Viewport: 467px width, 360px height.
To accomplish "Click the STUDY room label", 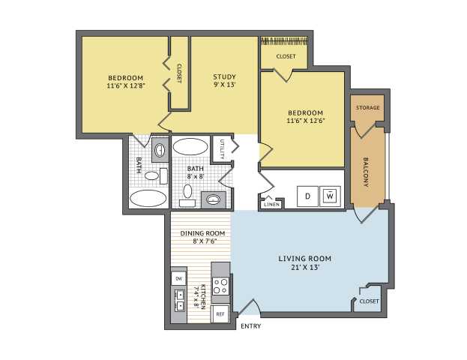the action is pos(225,77).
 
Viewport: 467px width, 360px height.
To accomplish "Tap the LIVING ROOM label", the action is pos(305,259).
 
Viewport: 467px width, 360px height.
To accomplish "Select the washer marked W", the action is pos(330,196).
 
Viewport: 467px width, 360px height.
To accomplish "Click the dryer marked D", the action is pos(307,196).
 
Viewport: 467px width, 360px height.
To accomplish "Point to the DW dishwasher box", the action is pos(178,279).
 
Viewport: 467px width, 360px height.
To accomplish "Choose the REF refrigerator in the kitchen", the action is pos(220,314).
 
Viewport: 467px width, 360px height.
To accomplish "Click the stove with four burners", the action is pos(220,286).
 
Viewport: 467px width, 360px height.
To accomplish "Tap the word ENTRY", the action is pos(251,326).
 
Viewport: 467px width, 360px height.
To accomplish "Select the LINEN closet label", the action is pos(272,205).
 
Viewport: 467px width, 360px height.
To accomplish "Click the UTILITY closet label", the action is pos(222,148).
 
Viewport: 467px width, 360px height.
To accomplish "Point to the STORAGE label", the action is pos(368,107).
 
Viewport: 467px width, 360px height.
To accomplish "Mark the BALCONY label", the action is pos(366,172).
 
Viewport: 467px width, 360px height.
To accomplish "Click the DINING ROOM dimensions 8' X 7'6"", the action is pos(205,241).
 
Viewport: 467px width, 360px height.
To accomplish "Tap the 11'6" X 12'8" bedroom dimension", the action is pos(126,85).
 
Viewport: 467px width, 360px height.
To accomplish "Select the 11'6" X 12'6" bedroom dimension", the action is pos(306,121).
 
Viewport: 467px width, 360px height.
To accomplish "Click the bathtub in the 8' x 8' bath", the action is pos(190,146).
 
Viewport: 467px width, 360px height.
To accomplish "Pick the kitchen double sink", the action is pos(179,301).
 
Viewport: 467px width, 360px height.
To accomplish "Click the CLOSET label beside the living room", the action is pos(370,301).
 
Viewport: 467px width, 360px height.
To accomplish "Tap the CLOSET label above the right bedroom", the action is pos(286,56).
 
